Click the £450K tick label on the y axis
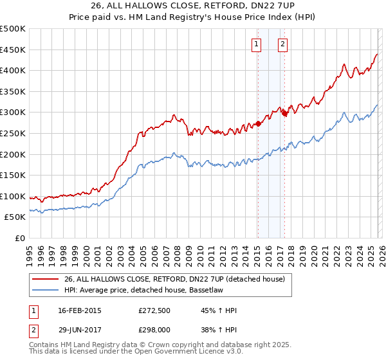[13, 50]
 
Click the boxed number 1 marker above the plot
[257, 44]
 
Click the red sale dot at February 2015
[257, 123]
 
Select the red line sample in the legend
[45, 279]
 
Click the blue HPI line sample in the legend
[45, 290]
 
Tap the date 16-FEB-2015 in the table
[80, 310]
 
